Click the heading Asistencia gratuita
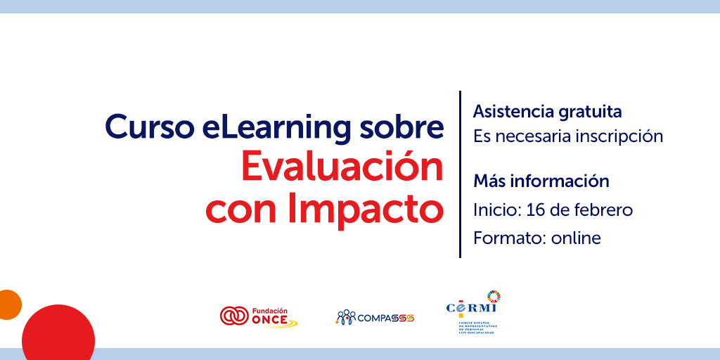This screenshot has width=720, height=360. click(547, 111)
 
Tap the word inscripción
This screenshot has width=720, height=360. click(619, 136)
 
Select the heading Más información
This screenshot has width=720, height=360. click(541, 181)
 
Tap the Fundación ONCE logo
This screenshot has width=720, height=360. click(258, 316)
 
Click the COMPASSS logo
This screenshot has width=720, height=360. click(375, 317)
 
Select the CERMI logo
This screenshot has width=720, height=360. click(472, 313)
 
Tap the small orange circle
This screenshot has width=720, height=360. click(8, 304)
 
